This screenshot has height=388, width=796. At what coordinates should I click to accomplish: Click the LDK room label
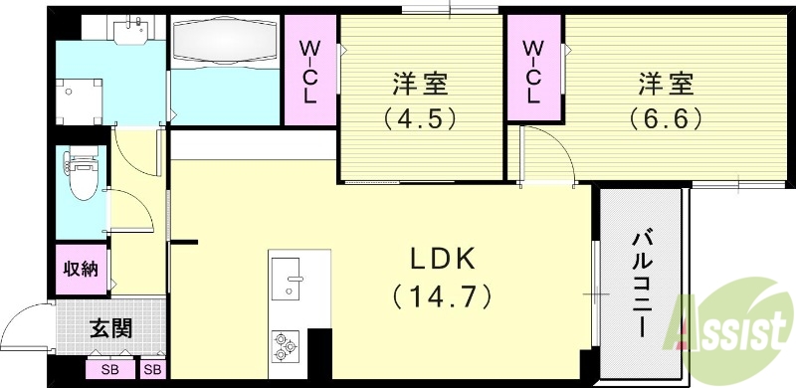tap(444, 258)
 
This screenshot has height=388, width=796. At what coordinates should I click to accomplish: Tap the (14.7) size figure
tap(444, 295)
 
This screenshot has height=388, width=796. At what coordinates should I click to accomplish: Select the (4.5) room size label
tap(419, 119)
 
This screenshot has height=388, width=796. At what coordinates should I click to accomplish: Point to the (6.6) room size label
tap(666, 119)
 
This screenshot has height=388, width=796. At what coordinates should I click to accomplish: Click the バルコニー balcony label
tap(642, 284)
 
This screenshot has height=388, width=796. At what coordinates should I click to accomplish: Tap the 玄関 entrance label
tap(109, 329)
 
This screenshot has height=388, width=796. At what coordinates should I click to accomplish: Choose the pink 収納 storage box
tap(82, 268)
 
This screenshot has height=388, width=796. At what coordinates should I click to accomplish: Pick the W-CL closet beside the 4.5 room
tap(309, 73)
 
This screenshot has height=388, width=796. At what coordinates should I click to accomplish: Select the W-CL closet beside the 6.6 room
tap(533, 72)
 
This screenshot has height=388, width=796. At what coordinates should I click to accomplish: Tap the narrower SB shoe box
tap(153, 370)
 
